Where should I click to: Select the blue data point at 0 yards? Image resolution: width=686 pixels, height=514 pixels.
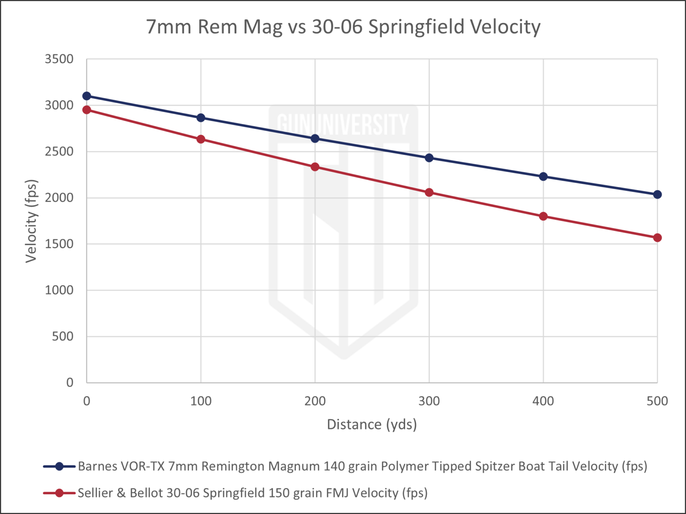click(x=87, y=96)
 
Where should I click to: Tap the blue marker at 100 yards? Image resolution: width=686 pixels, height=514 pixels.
click(x=201, y=118)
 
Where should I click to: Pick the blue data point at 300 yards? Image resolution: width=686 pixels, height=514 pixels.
click(x=429, y=158)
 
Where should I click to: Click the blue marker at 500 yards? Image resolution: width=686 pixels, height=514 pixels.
click(x=657, y=195)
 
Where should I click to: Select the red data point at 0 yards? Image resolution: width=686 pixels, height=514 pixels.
click(x=87, y=110)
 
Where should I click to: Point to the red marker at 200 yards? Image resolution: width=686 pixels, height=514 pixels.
click(x=315, y=167)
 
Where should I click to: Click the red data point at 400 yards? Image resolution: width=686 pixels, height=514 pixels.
click(x=543, y=216)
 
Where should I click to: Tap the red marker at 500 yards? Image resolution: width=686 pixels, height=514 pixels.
click(x=657, y=238)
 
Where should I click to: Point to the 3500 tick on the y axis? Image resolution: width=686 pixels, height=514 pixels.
click(x=59, y=59)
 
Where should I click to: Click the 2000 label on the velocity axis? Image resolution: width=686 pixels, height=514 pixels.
click(x=59, y=198)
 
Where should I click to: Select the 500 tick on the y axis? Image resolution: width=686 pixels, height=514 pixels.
click(x=63, y=336)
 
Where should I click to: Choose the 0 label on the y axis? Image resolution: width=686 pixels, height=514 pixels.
click(x=70, y=382)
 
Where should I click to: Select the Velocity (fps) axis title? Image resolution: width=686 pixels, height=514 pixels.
click(x=31, y=221)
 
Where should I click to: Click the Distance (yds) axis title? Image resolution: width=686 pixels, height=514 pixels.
click(x=372, y=424)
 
